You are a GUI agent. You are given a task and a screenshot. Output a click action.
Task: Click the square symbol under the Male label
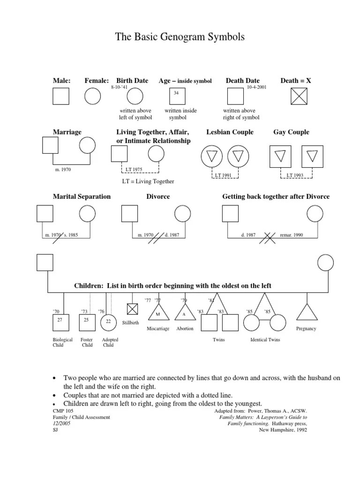pyautogui.click(x=60, y=96)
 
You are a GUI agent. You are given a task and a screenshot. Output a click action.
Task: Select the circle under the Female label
pyautogui.click(x=92, y=96)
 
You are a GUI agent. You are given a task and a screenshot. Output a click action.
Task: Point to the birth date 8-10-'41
pyautogui.click(x=120, y=87)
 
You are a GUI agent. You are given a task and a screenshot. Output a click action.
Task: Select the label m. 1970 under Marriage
pyautogui.click(x=63, y=170)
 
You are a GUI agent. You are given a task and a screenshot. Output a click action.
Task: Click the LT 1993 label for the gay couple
pyautogui.click(x=295, y=175)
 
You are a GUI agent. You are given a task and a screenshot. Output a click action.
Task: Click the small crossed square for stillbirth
pyautogui.click(x=133, y=309)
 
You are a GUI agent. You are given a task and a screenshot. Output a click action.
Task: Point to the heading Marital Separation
pyautogui.click(x=82, y=196)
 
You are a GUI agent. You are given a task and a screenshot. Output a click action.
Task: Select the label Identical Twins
pyautogui.click(x=265, y=339)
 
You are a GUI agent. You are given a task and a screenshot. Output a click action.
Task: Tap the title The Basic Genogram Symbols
pyautogui.click(x=180, y=37)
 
